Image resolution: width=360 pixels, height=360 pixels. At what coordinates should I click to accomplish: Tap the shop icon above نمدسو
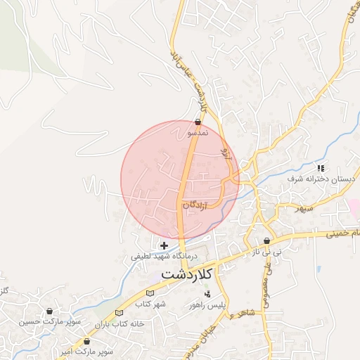[x=199, y=122]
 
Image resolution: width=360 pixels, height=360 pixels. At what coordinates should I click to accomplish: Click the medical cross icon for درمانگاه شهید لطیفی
[x=165, y=245]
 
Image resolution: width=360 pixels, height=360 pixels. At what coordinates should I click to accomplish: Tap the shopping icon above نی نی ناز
[x=267, y=240]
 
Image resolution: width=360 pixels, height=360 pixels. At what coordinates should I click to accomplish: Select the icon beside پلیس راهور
[x=207, y=294]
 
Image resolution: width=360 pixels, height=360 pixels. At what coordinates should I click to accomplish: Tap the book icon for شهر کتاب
[x=148, y=293]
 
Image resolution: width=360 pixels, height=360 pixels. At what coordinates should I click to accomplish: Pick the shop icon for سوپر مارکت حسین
[x=49, y=311]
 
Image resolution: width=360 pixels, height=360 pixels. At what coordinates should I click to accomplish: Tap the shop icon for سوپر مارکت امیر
[x=87, y=341]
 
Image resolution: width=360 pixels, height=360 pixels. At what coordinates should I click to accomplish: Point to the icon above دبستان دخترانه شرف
[x=321, y=168]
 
